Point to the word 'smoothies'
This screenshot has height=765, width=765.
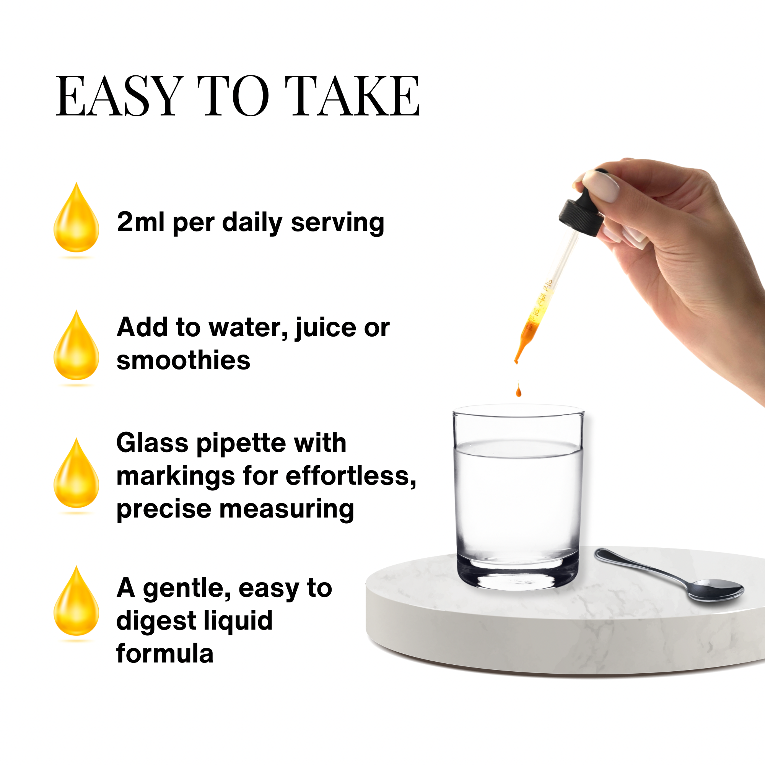coord(183,360)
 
